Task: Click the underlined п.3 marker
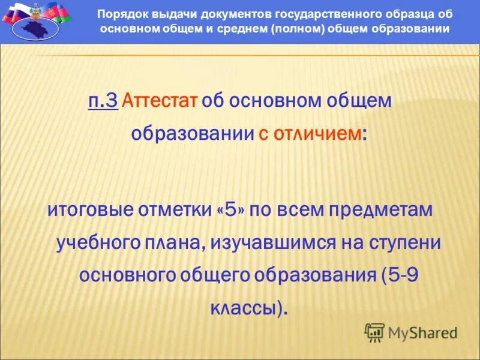pos(103,101)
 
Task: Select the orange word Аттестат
pos(160,101)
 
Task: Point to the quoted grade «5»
pos(234,211)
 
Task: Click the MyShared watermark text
pos(422,332)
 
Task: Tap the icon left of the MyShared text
pos(374,332)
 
